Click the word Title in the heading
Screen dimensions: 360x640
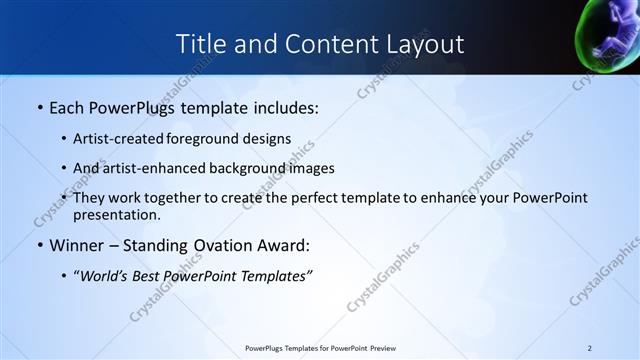click(x=198, y=44)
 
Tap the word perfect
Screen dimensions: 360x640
click(x=302, y=198)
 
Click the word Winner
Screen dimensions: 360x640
click(x=79, y=245)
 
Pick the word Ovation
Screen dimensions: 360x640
click(x=223, y=245)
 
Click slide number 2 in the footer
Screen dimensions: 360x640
click(x=590, y=348)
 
